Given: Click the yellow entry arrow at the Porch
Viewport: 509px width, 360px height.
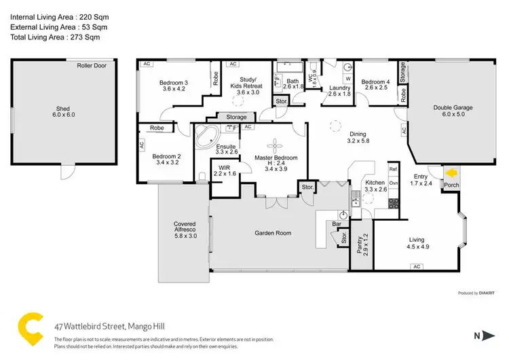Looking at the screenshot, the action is tap(451, 173).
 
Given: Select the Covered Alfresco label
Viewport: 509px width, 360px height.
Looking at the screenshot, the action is tap(185, 228).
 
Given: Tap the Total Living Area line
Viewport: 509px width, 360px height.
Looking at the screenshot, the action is tap(54, 37).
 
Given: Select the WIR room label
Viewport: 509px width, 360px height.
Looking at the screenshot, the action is tap(223, 171).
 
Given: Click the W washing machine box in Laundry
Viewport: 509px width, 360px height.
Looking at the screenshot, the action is tap(347, 79).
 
